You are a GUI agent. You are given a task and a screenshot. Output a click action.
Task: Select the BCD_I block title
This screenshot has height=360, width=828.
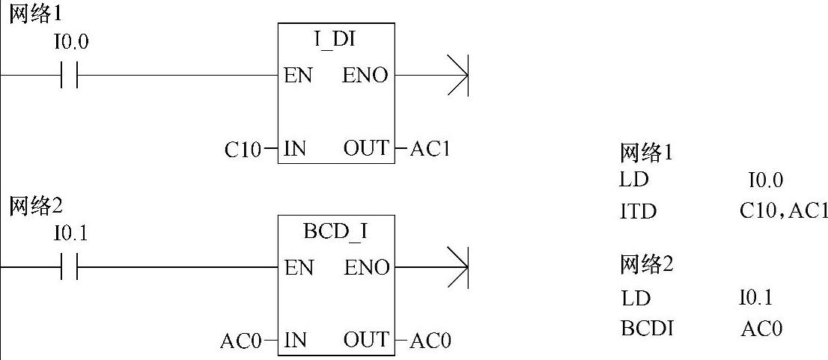coord(335,232)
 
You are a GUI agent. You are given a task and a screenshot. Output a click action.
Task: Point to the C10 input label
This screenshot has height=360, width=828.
coord(243,150)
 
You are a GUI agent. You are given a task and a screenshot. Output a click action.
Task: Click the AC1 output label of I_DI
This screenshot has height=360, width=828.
coord(430,149)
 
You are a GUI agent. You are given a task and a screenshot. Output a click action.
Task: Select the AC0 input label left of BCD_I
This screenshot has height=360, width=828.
coord(241,341)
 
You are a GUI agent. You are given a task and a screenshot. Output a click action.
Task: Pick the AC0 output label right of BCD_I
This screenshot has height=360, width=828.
coord(430,341)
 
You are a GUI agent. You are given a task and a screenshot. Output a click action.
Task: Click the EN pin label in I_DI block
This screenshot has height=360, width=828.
coord(298,76)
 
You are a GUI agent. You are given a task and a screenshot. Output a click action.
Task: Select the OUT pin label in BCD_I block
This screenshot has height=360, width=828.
coord(366,341)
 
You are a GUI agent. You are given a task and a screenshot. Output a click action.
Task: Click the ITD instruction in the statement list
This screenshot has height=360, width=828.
coord(638,212)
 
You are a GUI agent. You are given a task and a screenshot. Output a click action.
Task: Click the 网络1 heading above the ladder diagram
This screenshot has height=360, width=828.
coord(33,15)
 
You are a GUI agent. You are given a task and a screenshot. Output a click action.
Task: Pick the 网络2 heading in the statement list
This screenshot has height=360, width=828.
coord(647,264)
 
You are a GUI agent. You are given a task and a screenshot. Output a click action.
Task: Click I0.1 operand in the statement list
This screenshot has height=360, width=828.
coord(755,298)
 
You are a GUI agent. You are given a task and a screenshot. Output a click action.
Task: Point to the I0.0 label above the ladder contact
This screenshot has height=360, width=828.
coord(70,43)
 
